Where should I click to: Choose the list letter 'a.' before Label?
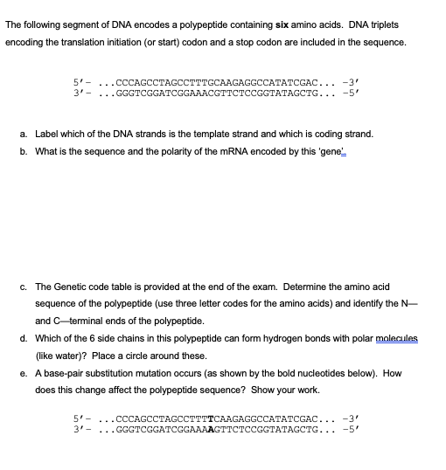tap(22, 134)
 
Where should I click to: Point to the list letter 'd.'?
tap(22, 339)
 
